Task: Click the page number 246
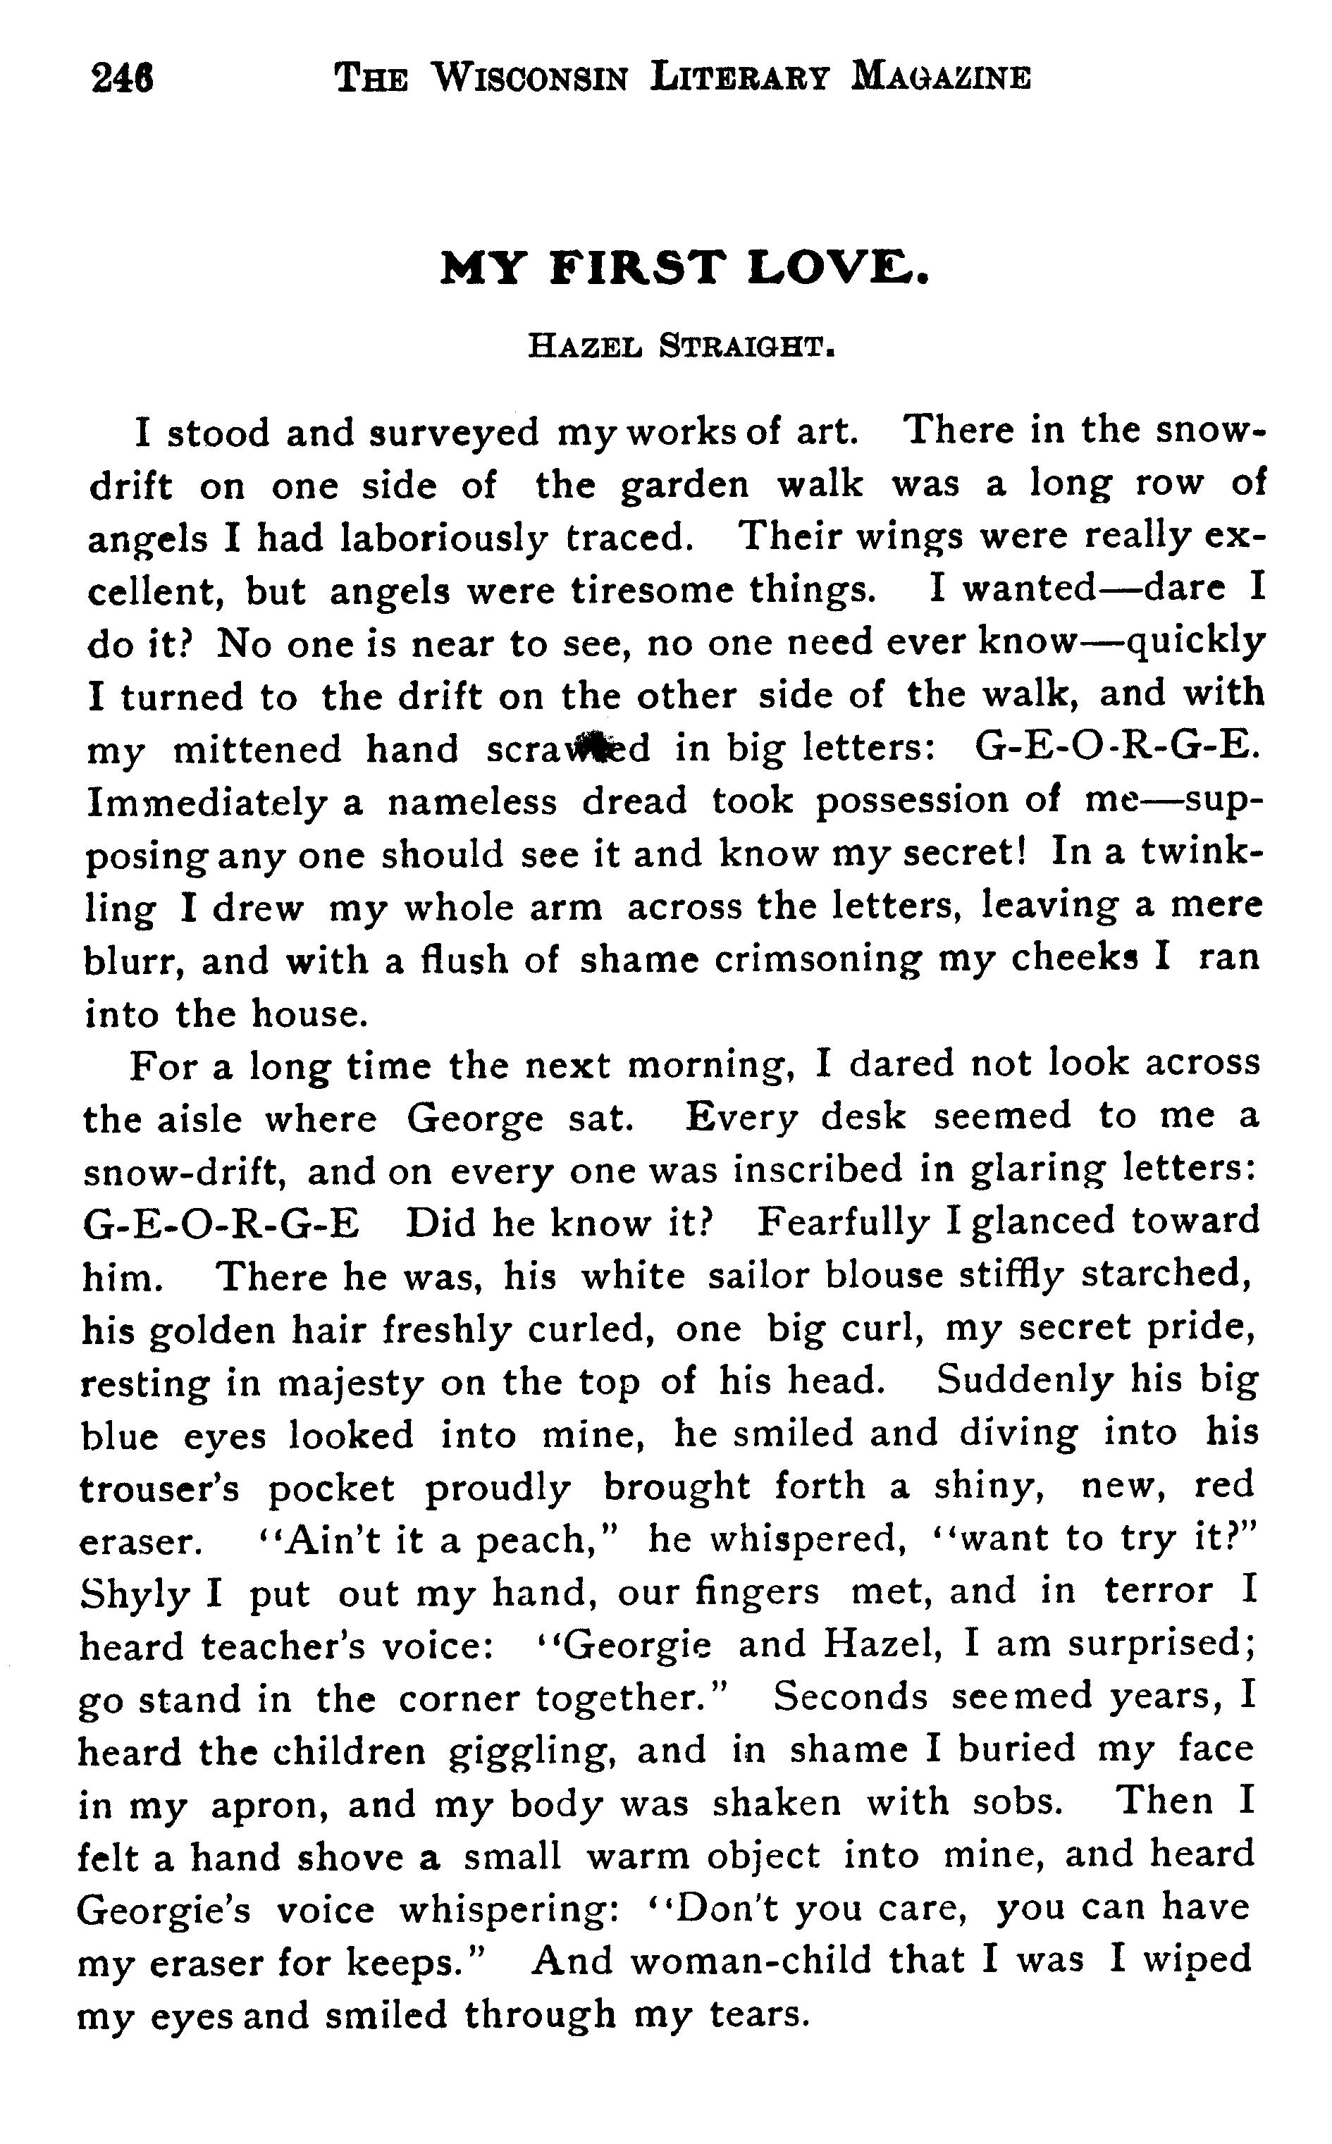[x=123, y=78]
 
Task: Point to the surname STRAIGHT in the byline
[x=746, y=346]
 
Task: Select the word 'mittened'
[x=257, y=750]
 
